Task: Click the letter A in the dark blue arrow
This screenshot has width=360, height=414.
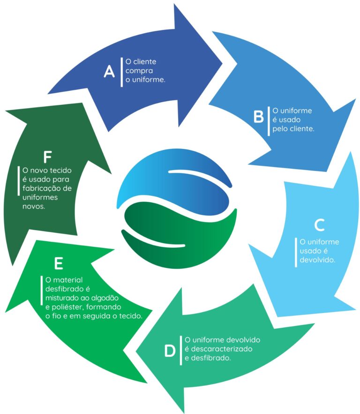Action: coord(109,72)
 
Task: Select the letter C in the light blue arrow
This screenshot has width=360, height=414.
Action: coord(319,225)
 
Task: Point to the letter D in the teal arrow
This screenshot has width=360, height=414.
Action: coord(170,351)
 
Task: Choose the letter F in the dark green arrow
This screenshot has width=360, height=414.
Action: coord(46,155)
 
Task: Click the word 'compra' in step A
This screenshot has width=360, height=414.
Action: coord(137,71)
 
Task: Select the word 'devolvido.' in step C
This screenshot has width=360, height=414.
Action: coord(317,259)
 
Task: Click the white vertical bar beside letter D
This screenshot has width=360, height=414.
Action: coord(181,350)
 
